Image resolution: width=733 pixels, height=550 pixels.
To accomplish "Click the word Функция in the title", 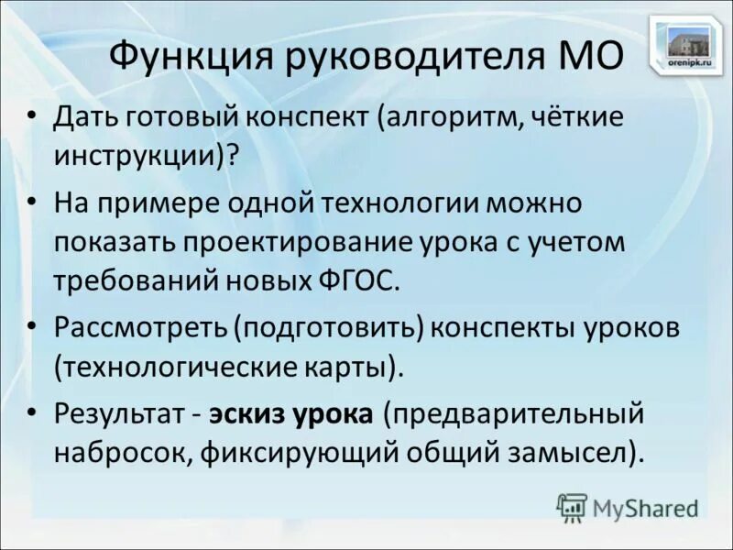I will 182,57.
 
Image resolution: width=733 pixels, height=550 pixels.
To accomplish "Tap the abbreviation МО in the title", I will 587,57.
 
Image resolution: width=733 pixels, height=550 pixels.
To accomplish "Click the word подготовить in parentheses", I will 332,327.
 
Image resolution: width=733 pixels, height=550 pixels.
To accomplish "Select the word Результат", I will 119,412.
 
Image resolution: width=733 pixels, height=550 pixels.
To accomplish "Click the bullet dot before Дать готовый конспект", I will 34,117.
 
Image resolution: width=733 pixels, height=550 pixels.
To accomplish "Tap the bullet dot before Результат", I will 34,412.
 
